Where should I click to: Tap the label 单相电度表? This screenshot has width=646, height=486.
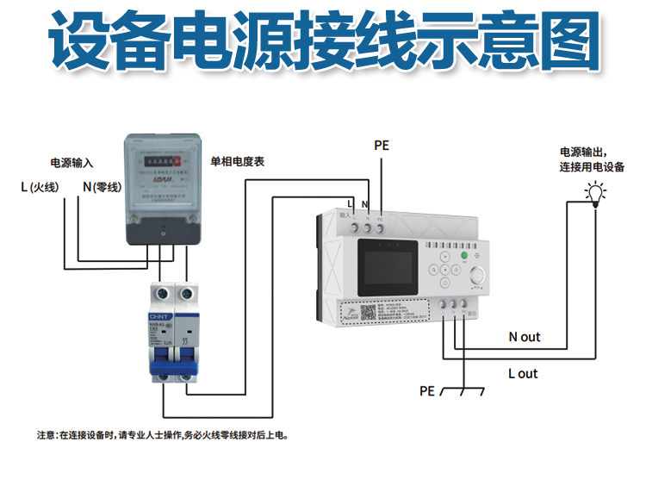pos(238,161)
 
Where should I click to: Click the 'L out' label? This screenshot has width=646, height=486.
pos(523,373)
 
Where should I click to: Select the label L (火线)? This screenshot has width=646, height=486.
pos(40,187)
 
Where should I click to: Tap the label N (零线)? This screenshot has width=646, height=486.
pos(100,187)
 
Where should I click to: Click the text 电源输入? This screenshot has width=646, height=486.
pos(71,163)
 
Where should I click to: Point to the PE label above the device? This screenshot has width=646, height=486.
pos(382,146)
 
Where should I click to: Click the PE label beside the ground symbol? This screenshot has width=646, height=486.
pos(427,390)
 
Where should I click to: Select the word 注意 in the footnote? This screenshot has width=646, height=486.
pos(46,435)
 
